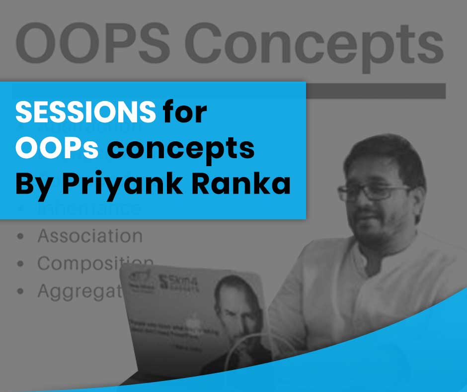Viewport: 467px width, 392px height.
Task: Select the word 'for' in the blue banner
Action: (184, 113)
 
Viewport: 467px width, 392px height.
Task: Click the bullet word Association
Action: (90, 236)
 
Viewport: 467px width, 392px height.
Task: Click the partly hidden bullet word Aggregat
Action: (80, 291)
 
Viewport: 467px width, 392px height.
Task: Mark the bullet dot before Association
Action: (20, 236)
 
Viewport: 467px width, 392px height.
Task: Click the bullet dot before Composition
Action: (20, 264)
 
